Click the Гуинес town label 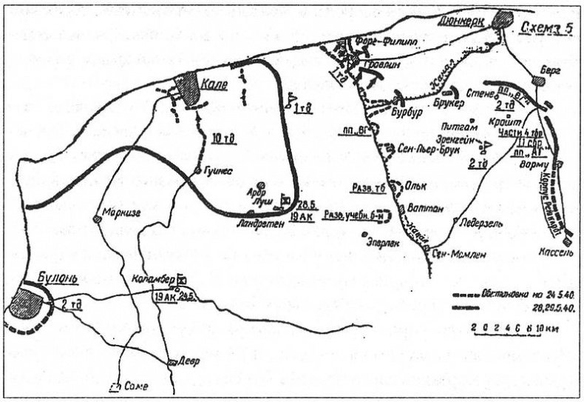coord(218,170)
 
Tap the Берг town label coord(551,69)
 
